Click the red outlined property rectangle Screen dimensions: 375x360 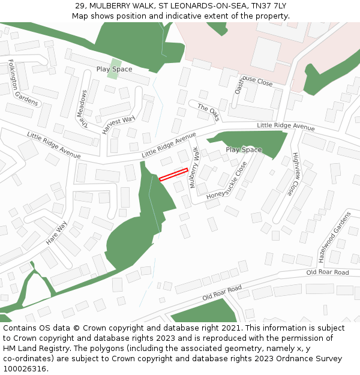click(x=173, y=174)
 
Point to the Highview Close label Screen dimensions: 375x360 click(x=295, y=174)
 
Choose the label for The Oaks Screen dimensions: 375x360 click(x=209, y=112)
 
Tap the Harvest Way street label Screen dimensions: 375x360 click(x=118, y=124)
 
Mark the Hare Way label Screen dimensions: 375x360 click(x=57, y=233)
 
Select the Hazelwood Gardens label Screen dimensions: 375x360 click(x=334, y=237)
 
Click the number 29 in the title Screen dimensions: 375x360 click(x=80, y=6)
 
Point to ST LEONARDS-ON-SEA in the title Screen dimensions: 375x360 click(x=191, y=6)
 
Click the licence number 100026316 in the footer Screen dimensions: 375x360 click(x=25, y=368)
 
